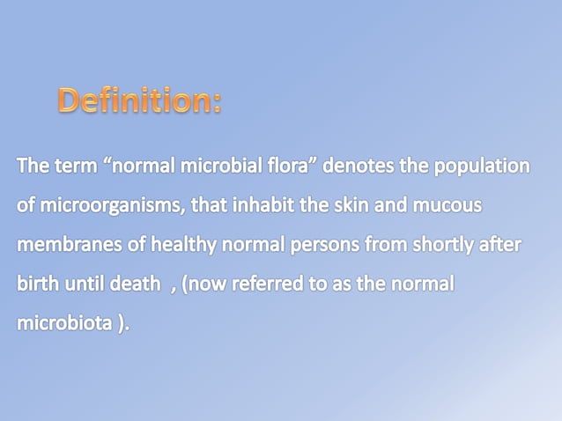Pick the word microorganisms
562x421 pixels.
(97, 207)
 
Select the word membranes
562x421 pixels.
(67, 246)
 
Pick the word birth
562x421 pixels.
(36, 284)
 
